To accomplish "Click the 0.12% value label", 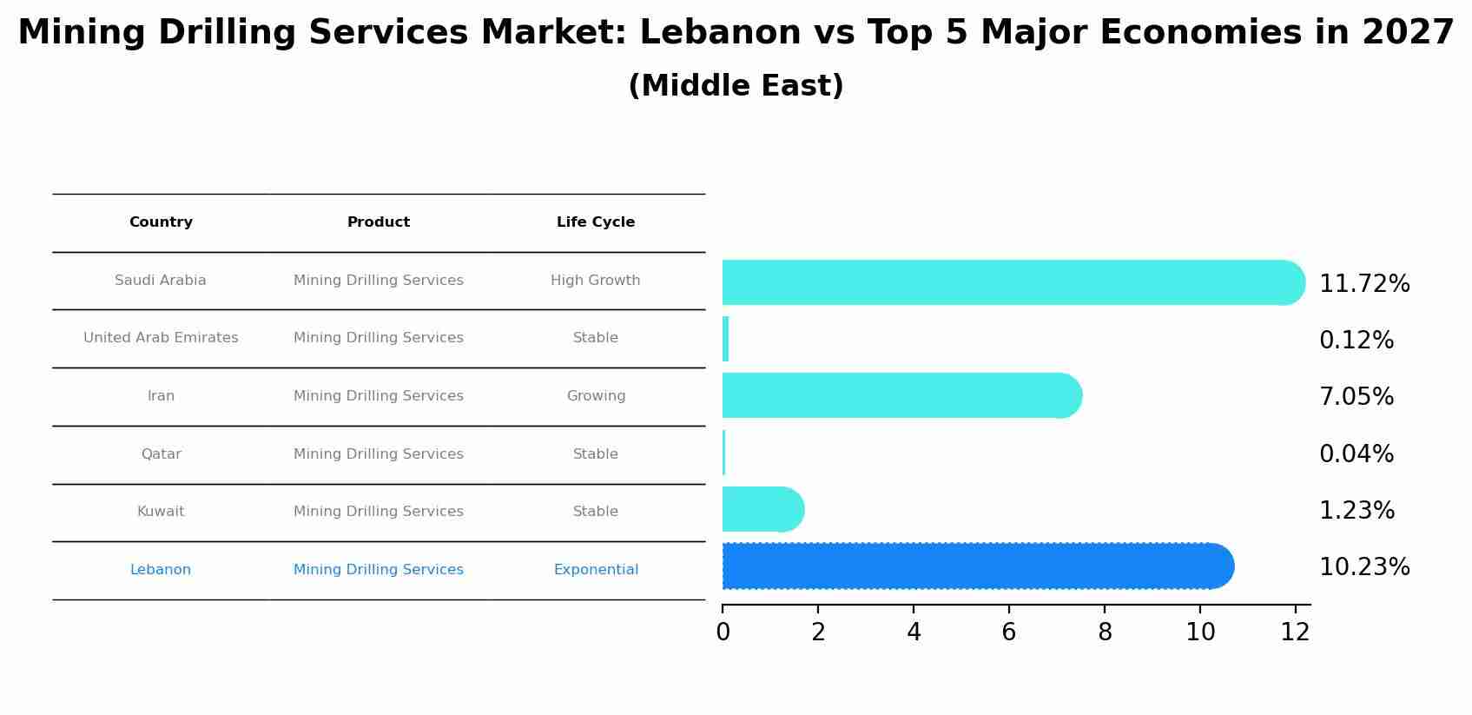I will coord(1356,341).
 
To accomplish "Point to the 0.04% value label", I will coord(1356,454).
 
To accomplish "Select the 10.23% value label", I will coord(1363,567).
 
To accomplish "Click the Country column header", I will coord(161,222).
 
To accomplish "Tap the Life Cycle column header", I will coord(595,222).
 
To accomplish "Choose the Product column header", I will coord(378,222).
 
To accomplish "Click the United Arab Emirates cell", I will coord(161,338).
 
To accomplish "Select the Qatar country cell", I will coord(161,454).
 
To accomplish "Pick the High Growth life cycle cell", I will coord(595,281).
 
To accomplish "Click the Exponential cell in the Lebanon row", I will coord(595,570).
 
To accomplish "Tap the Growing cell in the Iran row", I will coord(595,396).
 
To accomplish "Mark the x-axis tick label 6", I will coord(1008,632).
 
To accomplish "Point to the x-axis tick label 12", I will coord(1295,632).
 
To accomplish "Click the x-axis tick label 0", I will coord(723,632).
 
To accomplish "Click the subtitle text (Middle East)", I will coord(736,86).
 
